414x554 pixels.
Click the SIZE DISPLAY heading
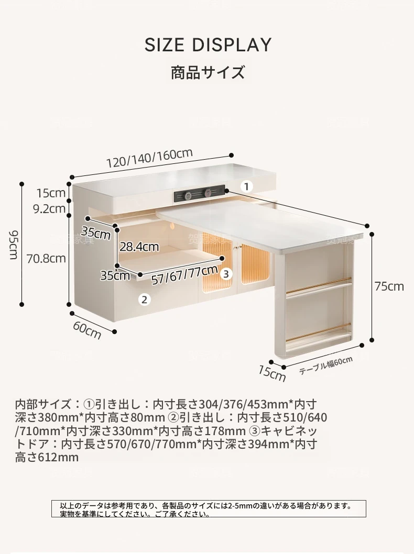point(208,45)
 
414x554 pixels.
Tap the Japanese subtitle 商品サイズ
point(208,72)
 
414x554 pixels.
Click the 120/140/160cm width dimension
point(149,158)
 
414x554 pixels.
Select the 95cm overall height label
point(14,245)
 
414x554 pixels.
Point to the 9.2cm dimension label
point(49,208)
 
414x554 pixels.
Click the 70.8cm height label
point(46,259)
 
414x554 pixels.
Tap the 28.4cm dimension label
point(139,247)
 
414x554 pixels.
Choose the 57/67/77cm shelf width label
point(184,274)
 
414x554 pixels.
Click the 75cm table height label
point(389,286)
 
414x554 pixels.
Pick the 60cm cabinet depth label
point(87,330)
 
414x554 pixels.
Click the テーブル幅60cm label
point(325,365)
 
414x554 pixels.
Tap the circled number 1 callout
point(247,186)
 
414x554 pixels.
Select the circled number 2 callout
point(144,300)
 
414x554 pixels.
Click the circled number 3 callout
point(226,273)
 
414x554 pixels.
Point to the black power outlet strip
point(200,193)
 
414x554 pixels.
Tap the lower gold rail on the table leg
point(319,333)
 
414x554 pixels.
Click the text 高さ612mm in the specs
point(47,457)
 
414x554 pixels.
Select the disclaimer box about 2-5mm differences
point(209,509)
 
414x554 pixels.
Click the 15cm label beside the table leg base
point(271,373)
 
